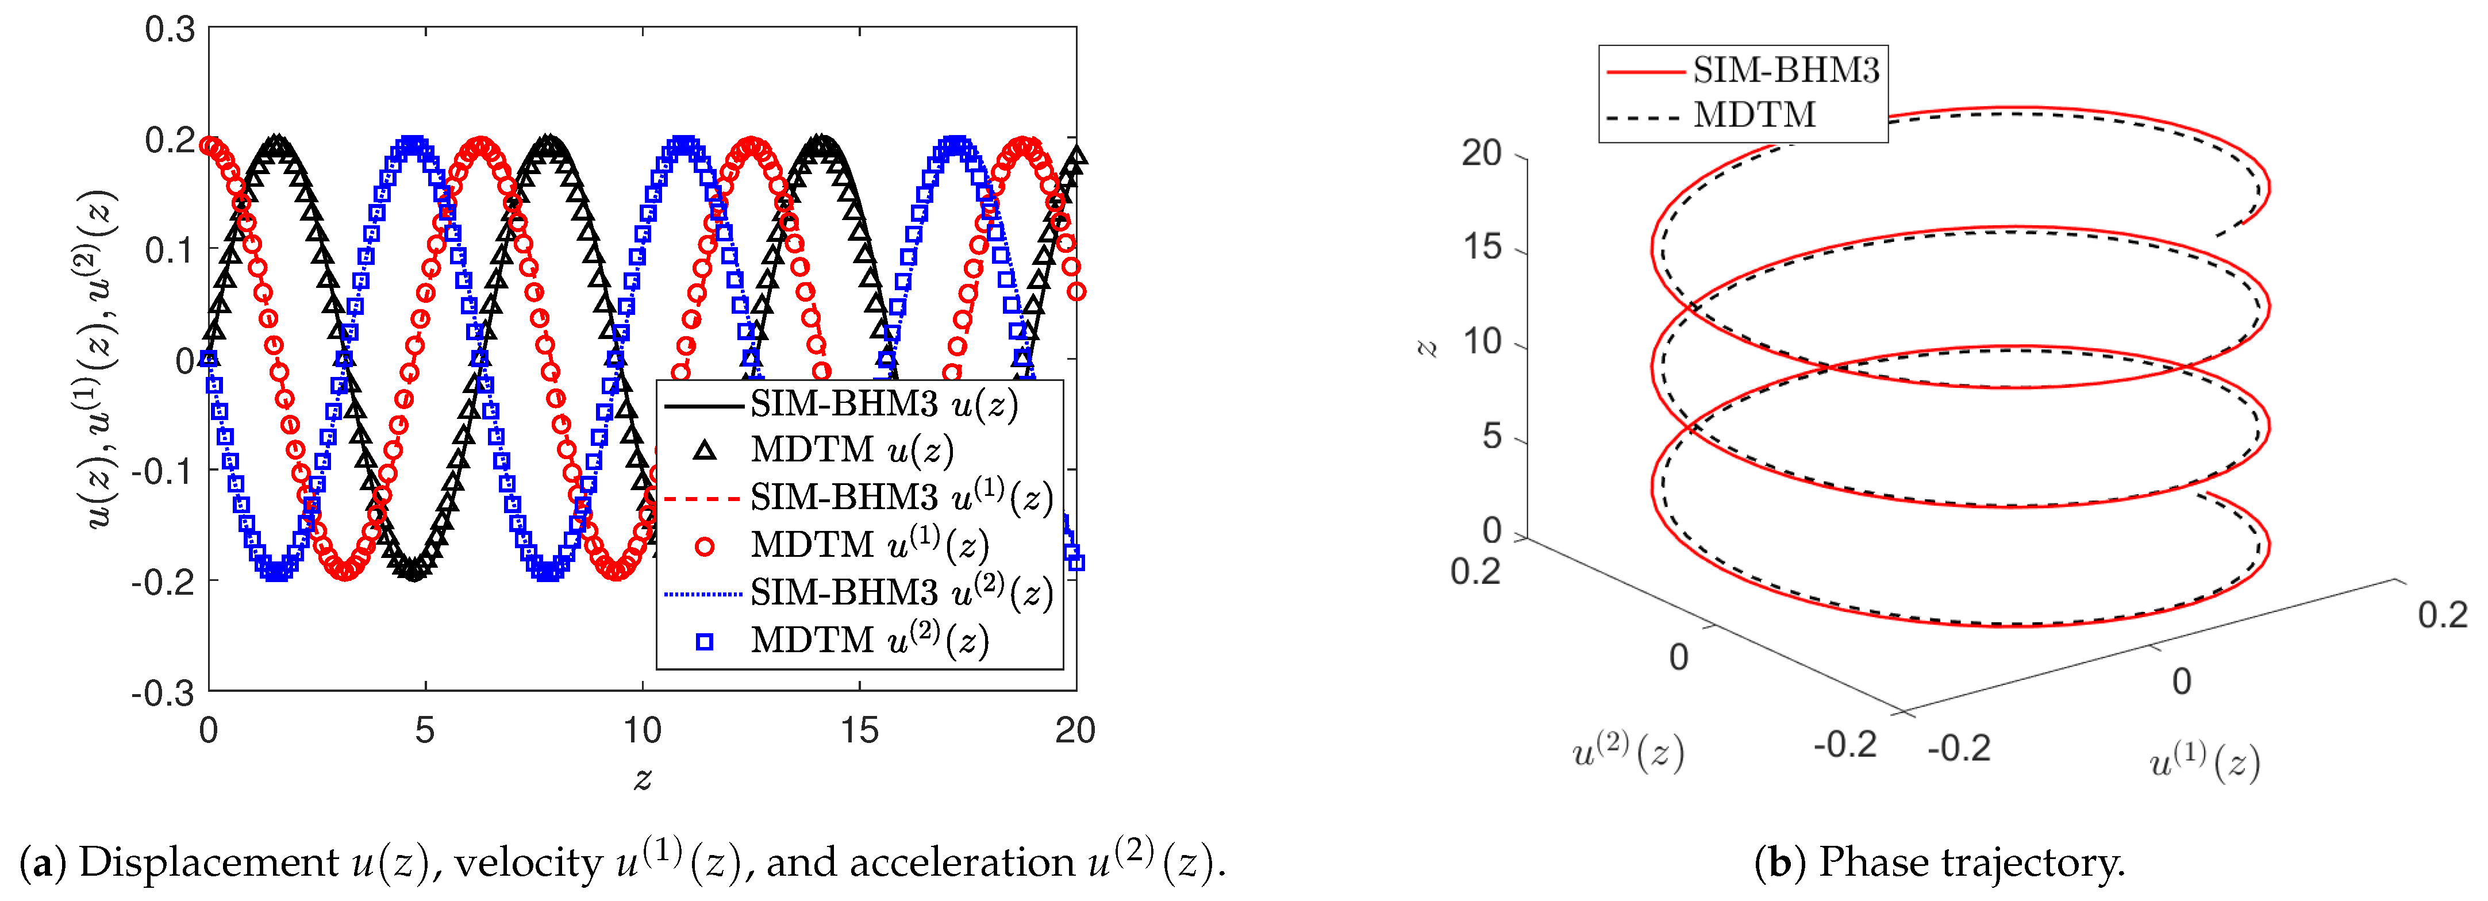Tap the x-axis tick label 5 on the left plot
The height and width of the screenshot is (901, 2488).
[x=425, y=731]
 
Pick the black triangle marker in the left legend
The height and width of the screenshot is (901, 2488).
[x=705, y=450]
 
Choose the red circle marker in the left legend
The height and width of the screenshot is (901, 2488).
[x=705, y=546]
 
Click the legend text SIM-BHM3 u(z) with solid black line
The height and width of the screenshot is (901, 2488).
[x=884, y=403]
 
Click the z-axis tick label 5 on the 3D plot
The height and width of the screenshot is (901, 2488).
[x=1491, y=437]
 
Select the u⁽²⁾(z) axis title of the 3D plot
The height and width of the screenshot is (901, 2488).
[x=1628, y=752]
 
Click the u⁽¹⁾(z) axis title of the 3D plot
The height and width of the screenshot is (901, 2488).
[x=2204, y=763]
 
